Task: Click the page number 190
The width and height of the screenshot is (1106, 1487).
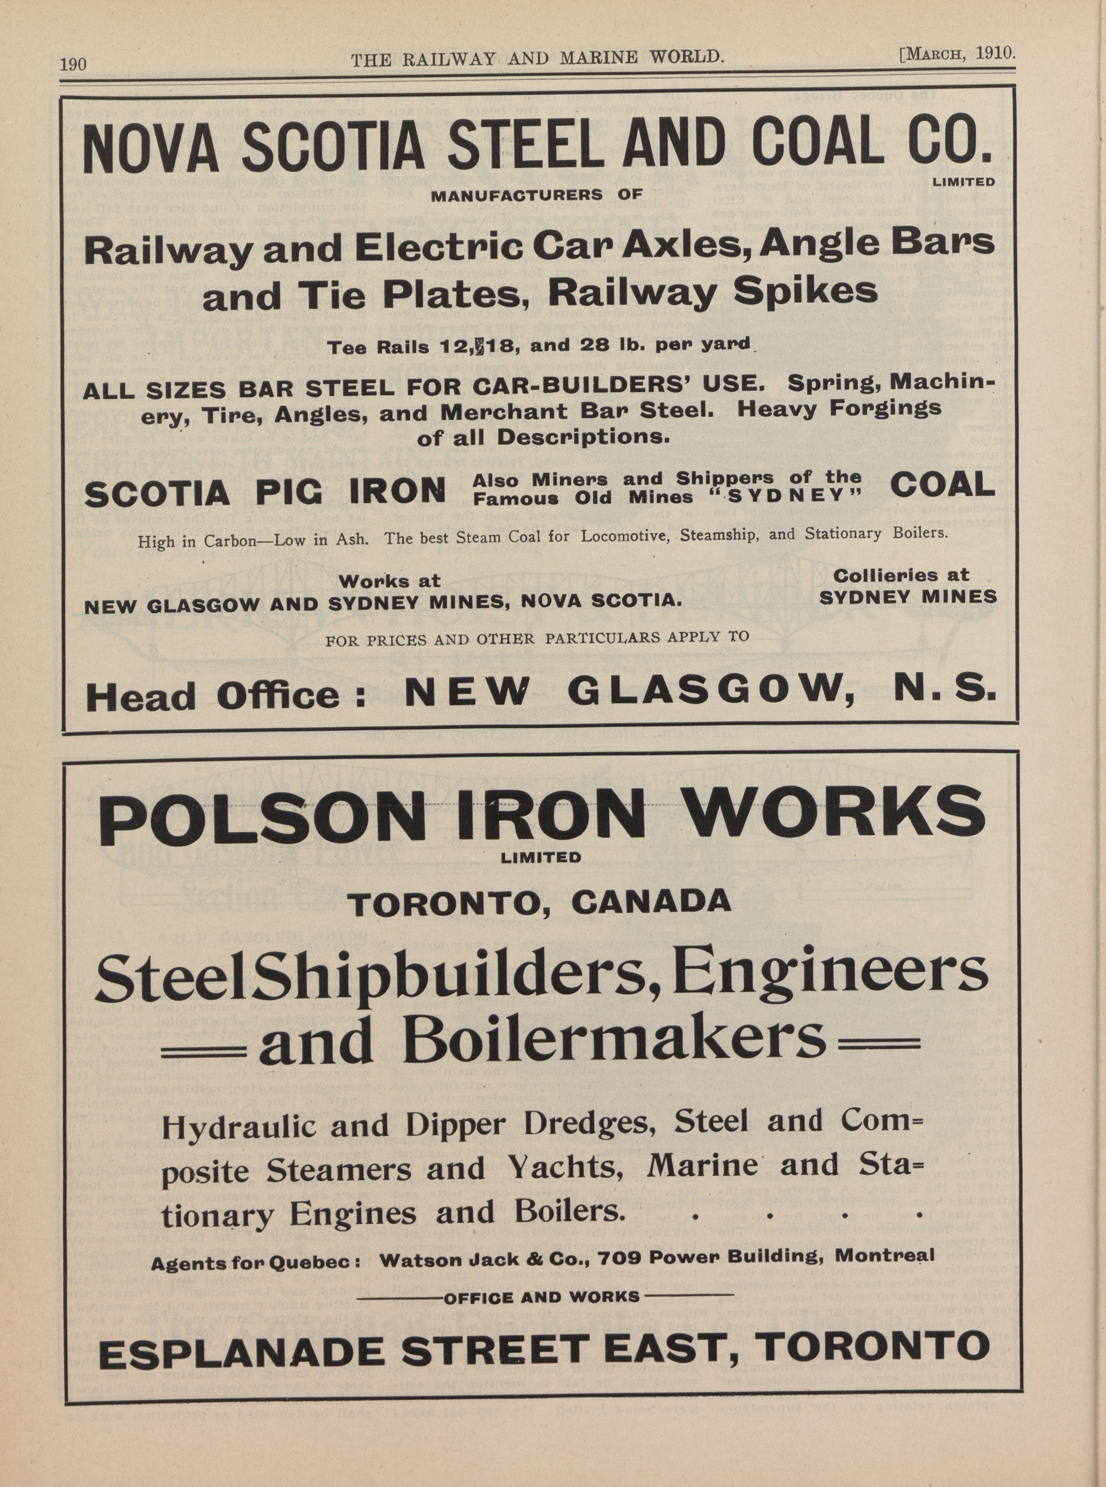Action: (x=73, y=64)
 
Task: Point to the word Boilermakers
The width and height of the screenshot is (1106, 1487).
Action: (x=542, y=1040)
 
